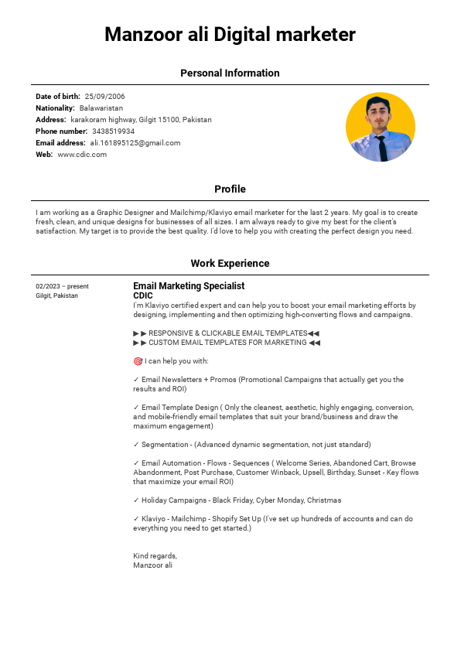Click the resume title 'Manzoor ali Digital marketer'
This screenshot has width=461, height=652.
pyautogui.click(x=230, y=35)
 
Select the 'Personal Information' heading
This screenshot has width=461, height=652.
pyautogui.click(x=230, y=73)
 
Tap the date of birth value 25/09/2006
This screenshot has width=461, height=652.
pyautogui.click(x=104, y=97)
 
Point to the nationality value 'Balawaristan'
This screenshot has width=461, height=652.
pyautogui.click(x=101, y=108)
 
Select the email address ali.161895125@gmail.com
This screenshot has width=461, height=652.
pyautogui.click(x=135, y=143)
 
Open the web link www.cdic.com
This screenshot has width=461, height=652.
pyautogui.click(x=82, y=155)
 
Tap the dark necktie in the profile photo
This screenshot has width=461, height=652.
pyautogui.click(x=381, y=146)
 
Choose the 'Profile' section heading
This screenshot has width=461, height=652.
pyautogui.click(x=230, y=189)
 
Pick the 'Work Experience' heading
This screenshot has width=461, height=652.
pyautogui.click(x=230, y=264)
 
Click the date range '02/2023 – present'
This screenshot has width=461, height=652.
pyautogui.click(x=62, y=286)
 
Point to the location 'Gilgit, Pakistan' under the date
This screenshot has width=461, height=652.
pyautogui.click(x=56, y=295)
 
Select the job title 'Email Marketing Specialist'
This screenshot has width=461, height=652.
pyautogui.click(x=189, y=286)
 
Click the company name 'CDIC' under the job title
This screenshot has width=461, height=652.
pyautogui.click(x=143, y=295)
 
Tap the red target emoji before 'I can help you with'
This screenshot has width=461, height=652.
pyautogui.click(x=138, y=361)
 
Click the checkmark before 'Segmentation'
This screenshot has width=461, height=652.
pyautogui.click(x=136, y=445)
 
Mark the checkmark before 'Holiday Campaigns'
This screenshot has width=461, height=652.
pyautogui.click(x=136, y=500)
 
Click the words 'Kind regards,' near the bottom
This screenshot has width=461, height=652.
pyautogui.click(x=155, y=556)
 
